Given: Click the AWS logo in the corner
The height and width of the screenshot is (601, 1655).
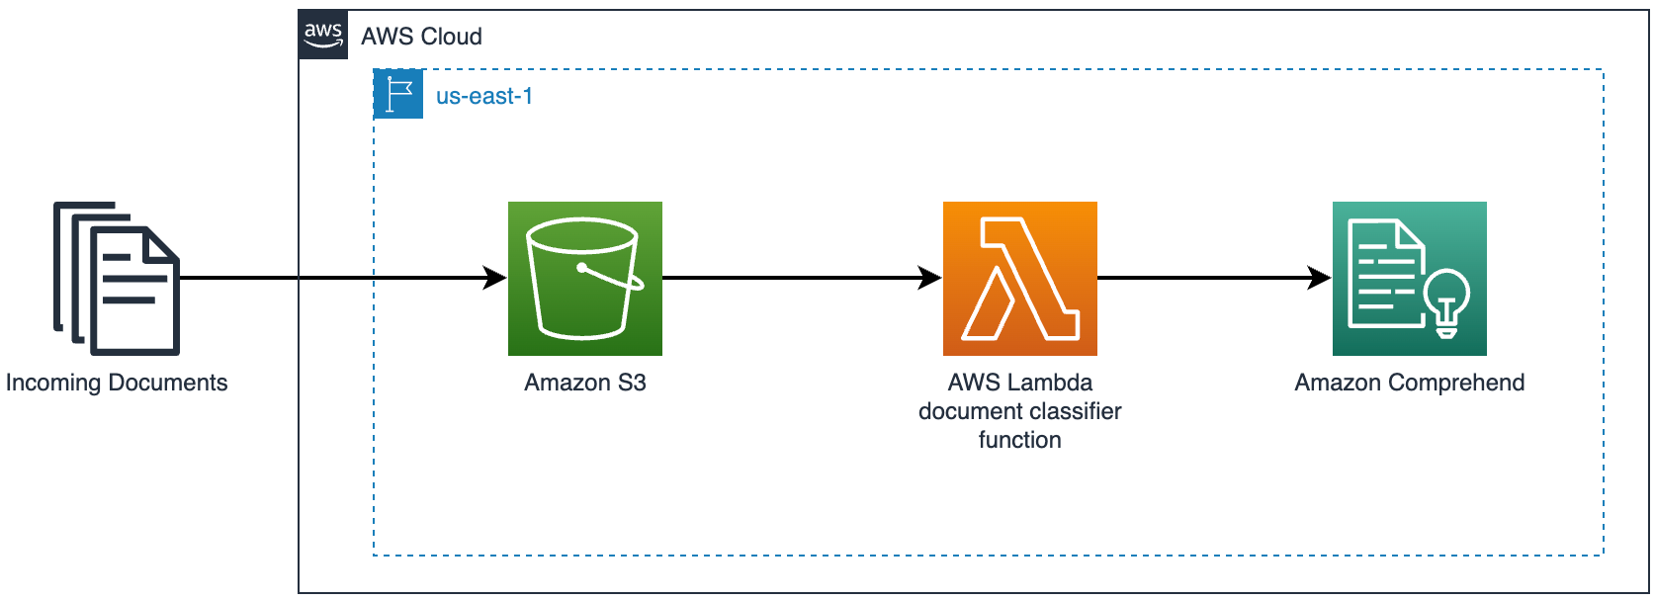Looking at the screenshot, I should pyautogui.click(x=323, y=36).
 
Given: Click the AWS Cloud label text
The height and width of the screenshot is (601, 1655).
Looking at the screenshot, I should pyautogui.click(x=421, y=37).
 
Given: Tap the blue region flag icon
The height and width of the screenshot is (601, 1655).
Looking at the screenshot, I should pyautogui.click(x=398, y=94).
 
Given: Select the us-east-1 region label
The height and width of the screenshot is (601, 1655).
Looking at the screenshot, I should pyautogui.click(x=483, y=96).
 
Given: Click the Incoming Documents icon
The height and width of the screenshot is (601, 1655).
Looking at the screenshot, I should pyautogui.click(x=117, y=278).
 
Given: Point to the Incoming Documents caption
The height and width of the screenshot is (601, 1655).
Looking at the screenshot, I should pyautogui.click(x=117, y=383).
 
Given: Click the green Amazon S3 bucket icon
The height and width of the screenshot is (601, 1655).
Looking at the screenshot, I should pyautogui.click(x=584, y=278).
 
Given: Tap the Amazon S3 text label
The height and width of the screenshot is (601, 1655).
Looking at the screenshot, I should pyautogui.click(x=584, y=383).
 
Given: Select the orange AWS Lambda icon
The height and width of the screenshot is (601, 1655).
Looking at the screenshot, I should pyautogui.click(x=1019, y=278).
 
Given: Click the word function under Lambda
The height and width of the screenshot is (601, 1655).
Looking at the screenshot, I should pyautogui.click(x=1019, y=440).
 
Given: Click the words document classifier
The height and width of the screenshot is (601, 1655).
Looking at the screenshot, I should pyautogui.click(x=1019, y=411).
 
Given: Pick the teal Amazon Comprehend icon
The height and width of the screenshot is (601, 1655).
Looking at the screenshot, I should pyautogui.click(x=1409, y=278).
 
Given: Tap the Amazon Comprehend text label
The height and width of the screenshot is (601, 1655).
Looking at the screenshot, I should pyautogui.click(x=1409, y=383).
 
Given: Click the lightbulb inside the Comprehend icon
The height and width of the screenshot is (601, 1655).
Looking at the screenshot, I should pyautogui.click(x=1446, y=300).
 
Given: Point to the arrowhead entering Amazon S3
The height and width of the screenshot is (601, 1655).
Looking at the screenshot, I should pyautogui.click(x=494, y=278).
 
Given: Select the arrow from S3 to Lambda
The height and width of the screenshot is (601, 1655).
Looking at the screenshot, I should pyautogui.click(x=791, y=278).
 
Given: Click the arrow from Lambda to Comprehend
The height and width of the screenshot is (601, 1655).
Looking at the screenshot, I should pyautogui.click(x=1206, y=278).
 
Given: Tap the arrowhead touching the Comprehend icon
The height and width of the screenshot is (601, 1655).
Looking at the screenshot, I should pyautogui.click(x=1319, y=278).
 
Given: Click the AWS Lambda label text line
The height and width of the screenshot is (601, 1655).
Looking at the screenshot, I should pyautogui.click(x=1019, y=383).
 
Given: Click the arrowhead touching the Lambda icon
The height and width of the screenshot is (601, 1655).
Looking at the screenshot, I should pyautogui.click(x=929, y=278).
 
